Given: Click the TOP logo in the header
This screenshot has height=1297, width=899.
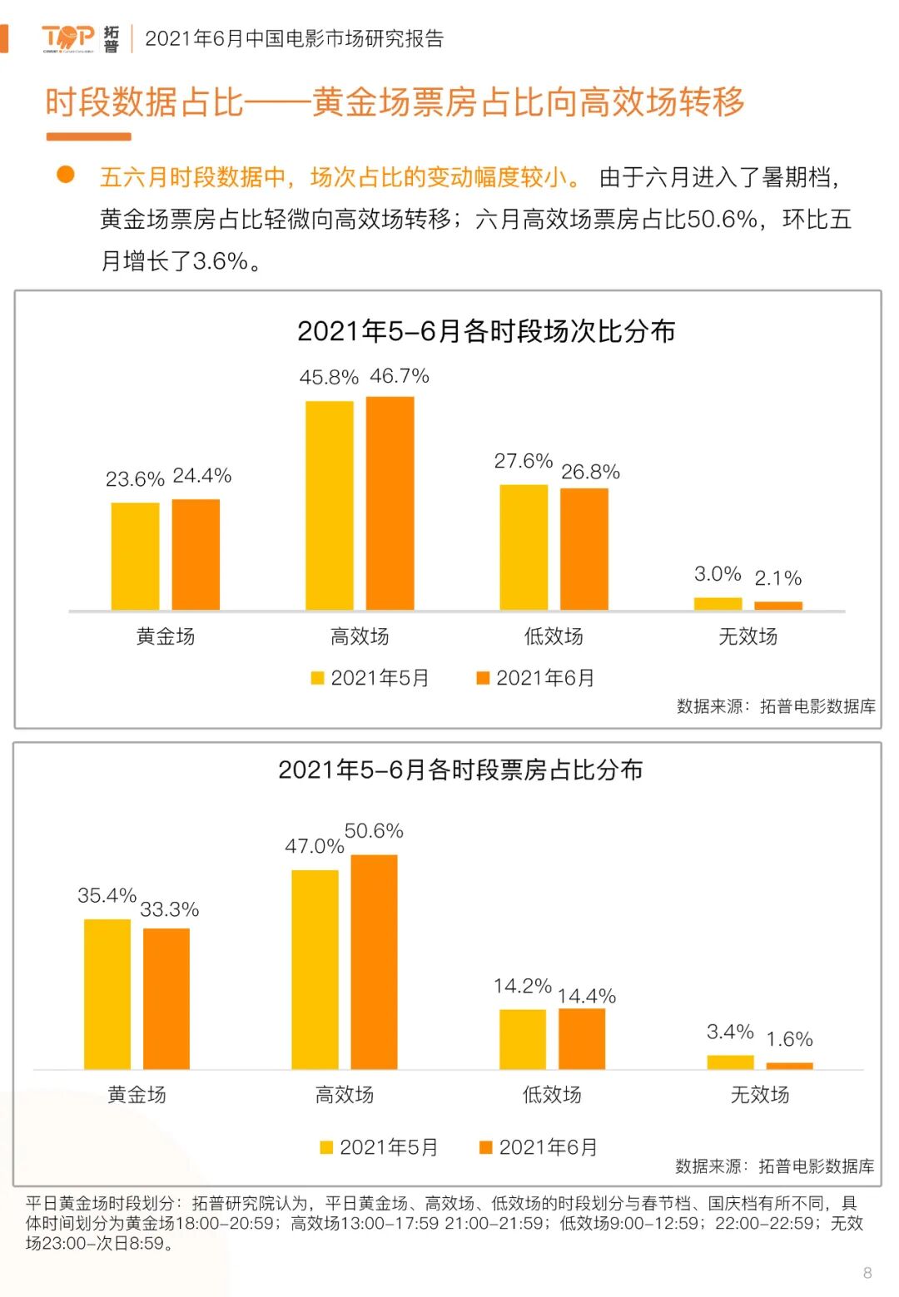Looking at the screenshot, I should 68,37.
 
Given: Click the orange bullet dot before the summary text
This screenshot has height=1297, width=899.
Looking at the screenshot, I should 65,175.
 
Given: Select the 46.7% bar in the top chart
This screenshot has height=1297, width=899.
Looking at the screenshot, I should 390,503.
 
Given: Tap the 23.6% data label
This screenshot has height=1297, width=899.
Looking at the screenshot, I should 135,479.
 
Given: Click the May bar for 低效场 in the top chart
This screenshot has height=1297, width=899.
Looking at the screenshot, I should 524,547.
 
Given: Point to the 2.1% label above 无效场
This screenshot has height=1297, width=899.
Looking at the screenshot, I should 777,578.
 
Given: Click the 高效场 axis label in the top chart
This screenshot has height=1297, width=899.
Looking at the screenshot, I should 360,636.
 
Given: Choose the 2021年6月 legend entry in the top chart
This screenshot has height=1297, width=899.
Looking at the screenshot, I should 535,678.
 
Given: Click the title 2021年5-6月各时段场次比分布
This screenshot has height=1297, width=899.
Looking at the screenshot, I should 485,331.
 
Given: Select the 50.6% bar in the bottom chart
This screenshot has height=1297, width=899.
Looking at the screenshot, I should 374,962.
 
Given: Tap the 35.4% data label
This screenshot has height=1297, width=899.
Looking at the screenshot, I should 107,895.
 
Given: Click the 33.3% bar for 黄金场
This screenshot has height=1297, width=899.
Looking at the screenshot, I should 166,998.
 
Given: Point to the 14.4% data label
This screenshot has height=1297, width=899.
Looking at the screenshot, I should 586,996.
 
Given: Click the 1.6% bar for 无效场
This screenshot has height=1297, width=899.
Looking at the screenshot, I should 789,1066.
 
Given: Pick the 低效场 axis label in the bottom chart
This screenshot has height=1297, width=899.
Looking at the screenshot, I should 552,1095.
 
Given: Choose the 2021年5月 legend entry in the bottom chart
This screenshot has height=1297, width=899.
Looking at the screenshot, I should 380,1147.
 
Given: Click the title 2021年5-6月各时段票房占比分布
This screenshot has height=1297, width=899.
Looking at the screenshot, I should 460,770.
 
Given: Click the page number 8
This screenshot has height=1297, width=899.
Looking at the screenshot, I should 867,1273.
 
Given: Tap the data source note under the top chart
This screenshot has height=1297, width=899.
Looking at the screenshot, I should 775,706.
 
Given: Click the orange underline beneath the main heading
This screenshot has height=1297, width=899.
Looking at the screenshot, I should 88,136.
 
